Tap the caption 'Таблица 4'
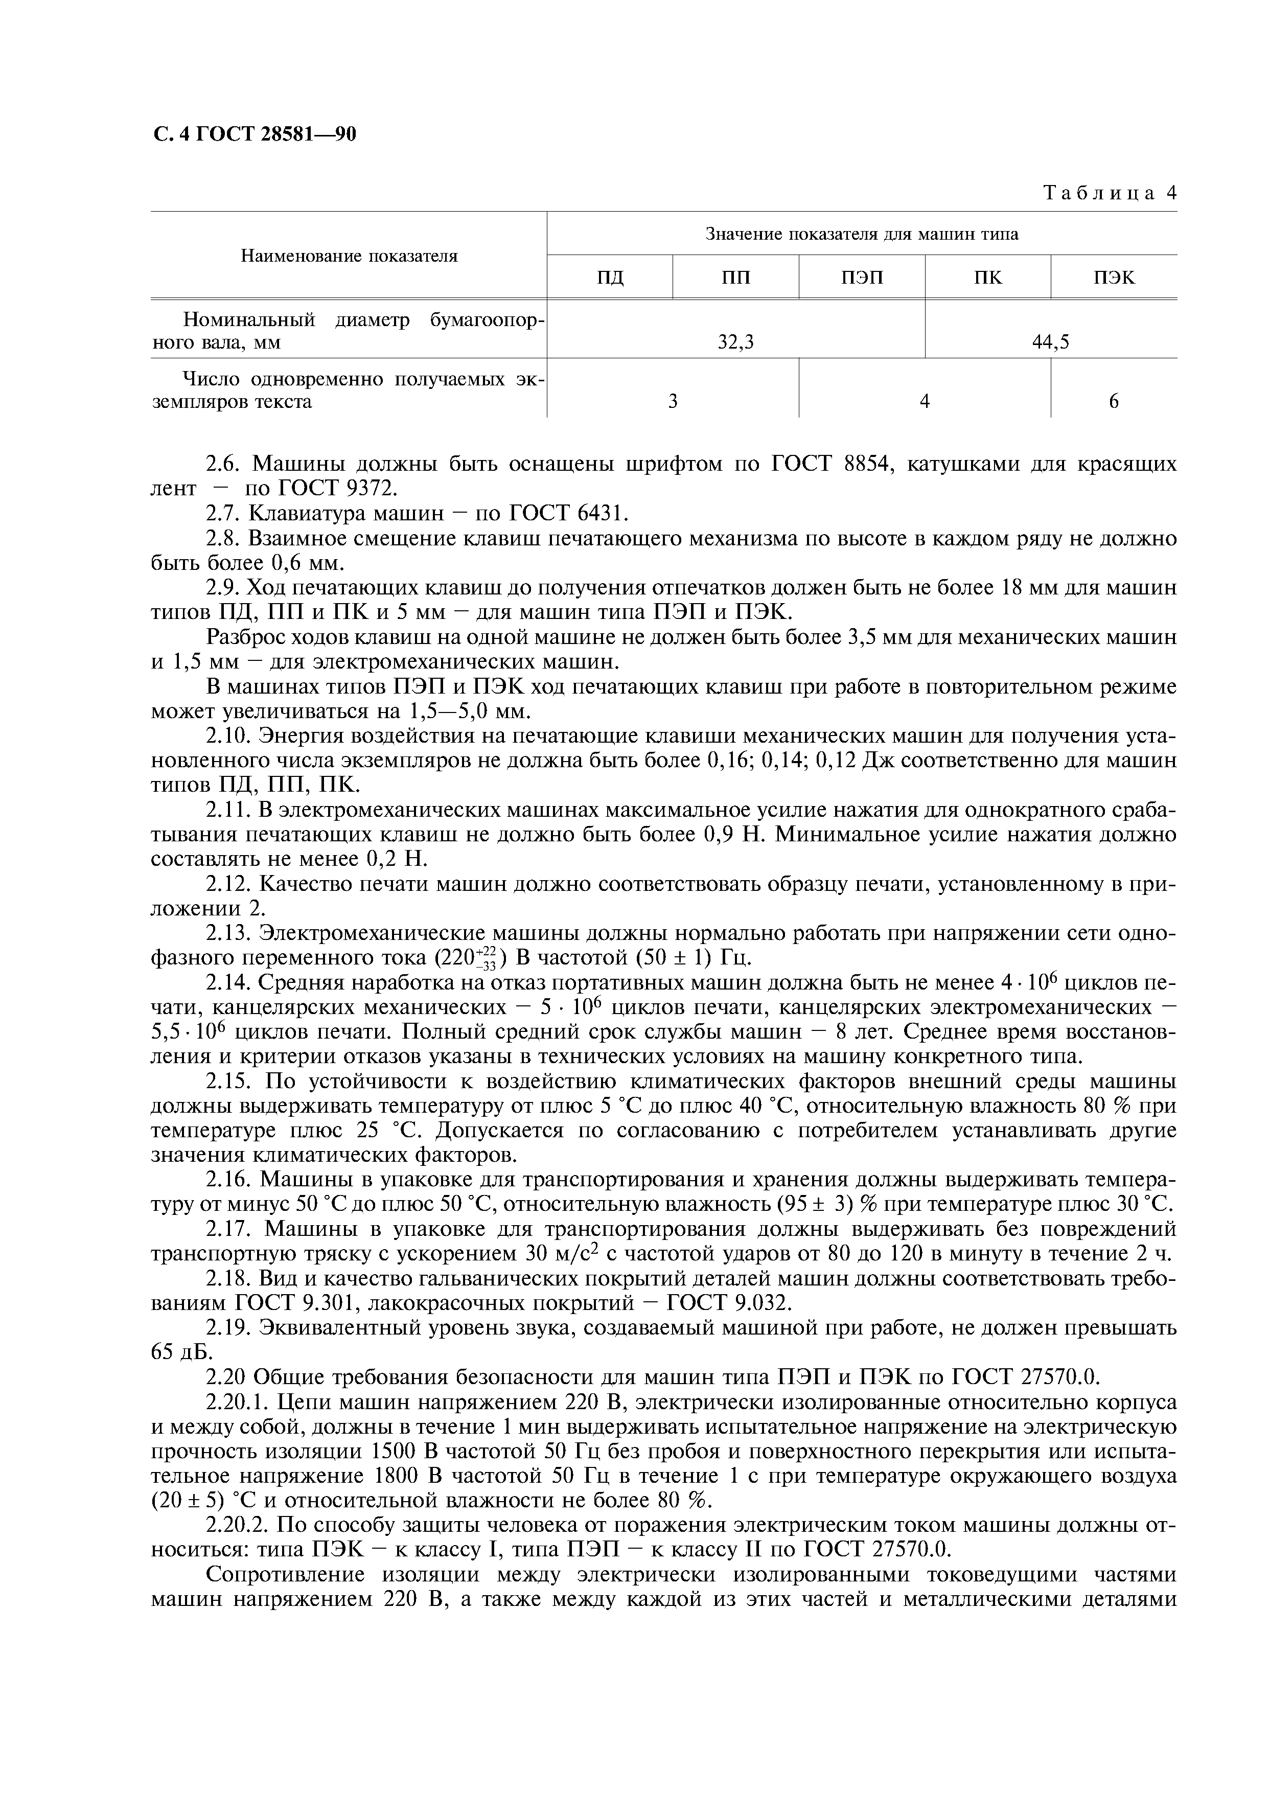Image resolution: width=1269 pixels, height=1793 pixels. (x=1110, y=193)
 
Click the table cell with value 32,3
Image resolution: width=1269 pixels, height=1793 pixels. (x=736, y=342)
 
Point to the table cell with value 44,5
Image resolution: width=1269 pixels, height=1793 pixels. (x=1050, y=342)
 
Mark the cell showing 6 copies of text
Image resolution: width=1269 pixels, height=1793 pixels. (x=1114, y=402)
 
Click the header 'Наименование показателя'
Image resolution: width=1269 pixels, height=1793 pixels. (x=349, y=256)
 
